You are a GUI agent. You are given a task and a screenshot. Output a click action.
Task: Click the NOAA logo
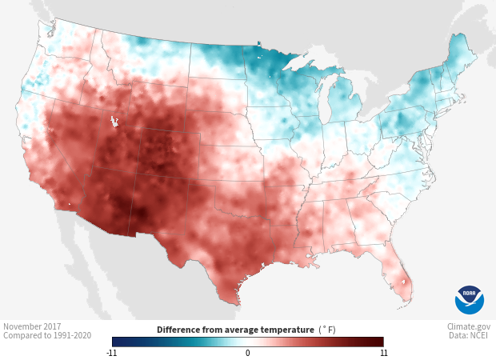[470, 300]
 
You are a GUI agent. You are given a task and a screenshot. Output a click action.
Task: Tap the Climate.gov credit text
[470, 326]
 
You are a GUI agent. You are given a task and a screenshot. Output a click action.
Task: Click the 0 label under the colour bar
[248, 352]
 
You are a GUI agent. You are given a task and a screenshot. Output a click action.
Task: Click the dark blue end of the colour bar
[117, 342]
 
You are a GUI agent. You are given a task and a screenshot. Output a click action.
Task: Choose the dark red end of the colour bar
[379, 342]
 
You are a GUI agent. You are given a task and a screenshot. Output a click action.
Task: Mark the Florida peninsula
[400, 280]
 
